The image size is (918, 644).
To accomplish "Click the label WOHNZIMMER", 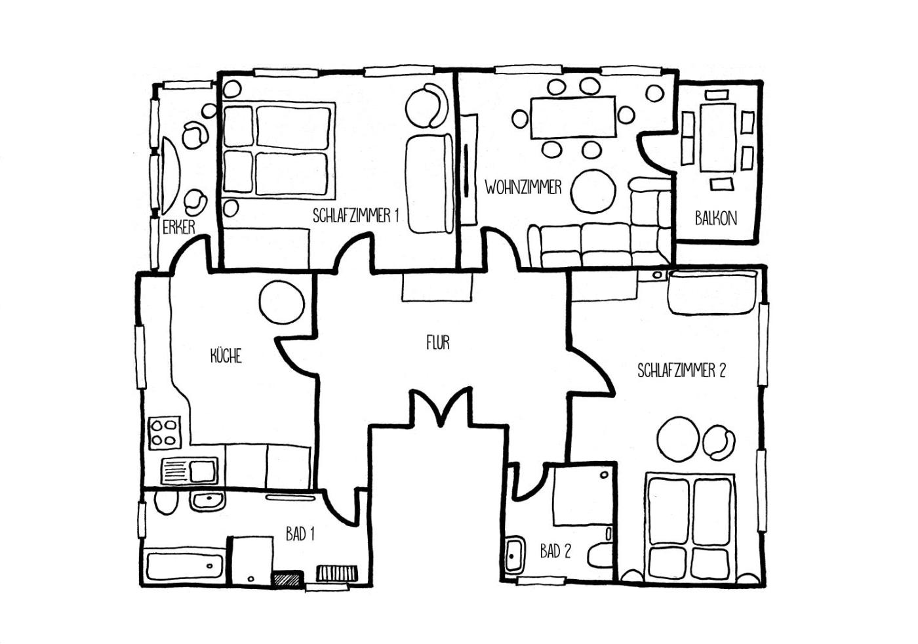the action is [523, 188].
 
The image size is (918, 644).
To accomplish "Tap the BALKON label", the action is [715, 218].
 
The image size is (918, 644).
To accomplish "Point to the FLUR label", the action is [438, 342].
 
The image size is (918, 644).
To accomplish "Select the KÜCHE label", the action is [226, 355].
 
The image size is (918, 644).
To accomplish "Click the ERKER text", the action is [178, 228].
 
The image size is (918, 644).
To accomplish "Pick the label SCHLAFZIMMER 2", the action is [681, 371].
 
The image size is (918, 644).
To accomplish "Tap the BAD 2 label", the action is [555, 552].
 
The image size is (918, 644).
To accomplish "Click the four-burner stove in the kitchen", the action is [165, 432].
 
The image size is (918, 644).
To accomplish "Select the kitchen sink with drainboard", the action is [190, 471].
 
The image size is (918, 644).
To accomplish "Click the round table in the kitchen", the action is [282, 302].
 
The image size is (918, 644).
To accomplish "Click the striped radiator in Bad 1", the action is [337, 573].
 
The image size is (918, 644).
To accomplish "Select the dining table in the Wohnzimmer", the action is [573, 117].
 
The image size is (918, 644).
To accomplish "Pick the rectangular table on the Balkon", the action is [717, 138].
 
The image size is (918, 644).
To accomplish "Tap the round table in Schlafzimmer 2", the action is [677, 439].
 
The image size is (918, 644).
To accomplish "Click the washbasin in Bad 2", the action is [514, 555].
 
